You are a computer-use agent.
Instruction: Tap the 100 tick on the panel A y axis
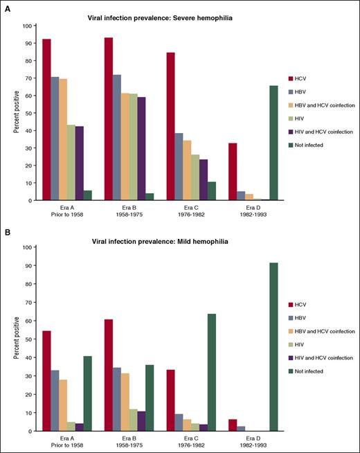26,26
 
